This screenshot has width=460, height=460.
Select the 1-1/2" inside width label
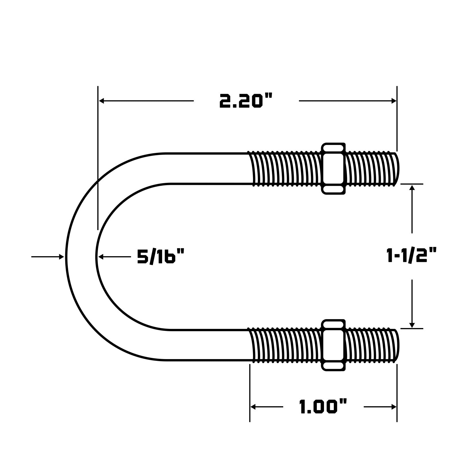pyautogui.click(x=412, y=256)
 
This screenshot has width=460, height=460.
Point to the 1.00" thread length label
pyautogui.click(x=323, y=407)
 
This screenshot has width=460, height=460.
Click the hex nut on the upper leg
pyautogui.click(x=333, y=168)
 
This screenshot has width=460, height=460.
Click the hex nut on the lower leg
pyautogui.click(x=333, y=345)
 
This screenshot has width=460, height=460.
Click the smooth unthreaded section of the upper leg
pyautogui.click(x=207, y=169)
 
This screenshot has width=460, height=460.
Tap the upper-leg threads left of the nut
pyautogui.click(x=285, y=169)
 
